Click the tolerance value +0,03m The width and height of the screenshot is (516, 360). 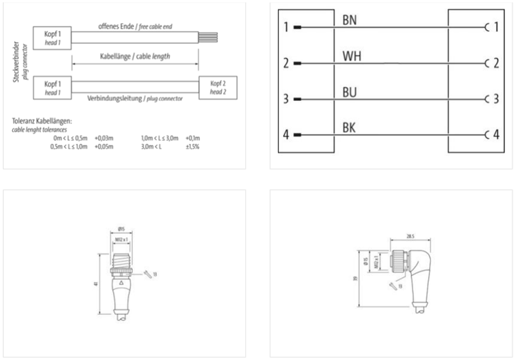(x=104, y=137)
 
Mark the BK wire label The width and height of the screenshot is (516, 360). (x=350, y=128)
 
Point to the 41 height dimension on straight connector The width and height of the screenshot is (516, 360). (x=97, y=282)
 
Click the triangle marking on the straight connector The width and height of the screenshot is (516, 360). (x=122, y=283)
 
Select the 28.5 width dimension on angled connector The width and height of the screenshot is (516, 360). (x=409, y=237)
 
